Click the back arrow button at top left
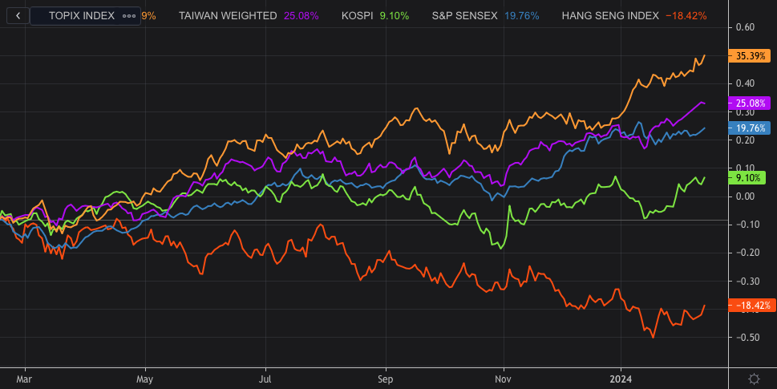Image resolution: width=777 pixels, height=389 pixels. pyautogui.click(x=18, y=15)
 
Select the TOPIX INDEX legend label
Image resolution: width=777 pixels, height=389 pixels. pyautogui.click(x=81, y=15)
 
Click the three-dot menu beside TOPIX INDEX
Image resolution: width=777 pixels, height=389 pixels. pyautogui.click(x=128, y=15)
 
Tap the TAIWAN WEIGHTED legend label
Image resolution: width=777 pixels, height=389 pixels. pyautogui.click(x=228, y=15)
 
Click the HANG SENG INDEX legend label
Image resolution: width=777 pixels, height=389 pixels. pyautogui.click(x=610, y=15)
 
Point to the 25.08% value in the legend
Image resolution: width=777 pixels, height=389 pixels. pyautogui.click(x=301, y=15)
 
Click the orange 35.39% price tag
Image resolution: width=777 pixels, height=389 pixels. pyautogui.click(x=750, y=55)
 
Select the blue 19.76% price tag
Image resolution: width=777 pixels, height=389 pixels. pyautogui.click(x=750, y=128)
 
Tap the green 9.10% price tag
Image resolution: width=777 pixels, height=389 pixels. pyautogui.click(x=750, y=177)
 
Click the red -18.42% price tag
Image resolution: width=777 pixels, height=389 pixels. pyautogui.click(x=750, y=306)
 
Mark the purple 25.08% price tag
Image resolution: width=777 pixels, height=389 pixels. pyautogui.click(x=750, y=103)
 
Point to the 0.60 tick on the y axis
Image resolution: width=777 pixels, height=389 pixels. pyautogui.click(x=745, y=27)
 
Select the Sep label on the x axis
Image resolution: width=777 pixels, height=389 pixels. pyautogui.click(x=385, y=377)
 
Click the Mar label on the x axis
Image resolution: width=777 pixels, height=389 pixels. pyautogui.click(x=24, y=377)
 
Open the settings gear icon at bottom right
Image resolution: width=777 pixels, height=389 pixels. pyautogui.click(x=754, y=378)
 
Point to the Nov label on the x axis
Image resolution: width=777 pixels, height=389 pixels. pyautogui.click(x=503, y=377)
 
